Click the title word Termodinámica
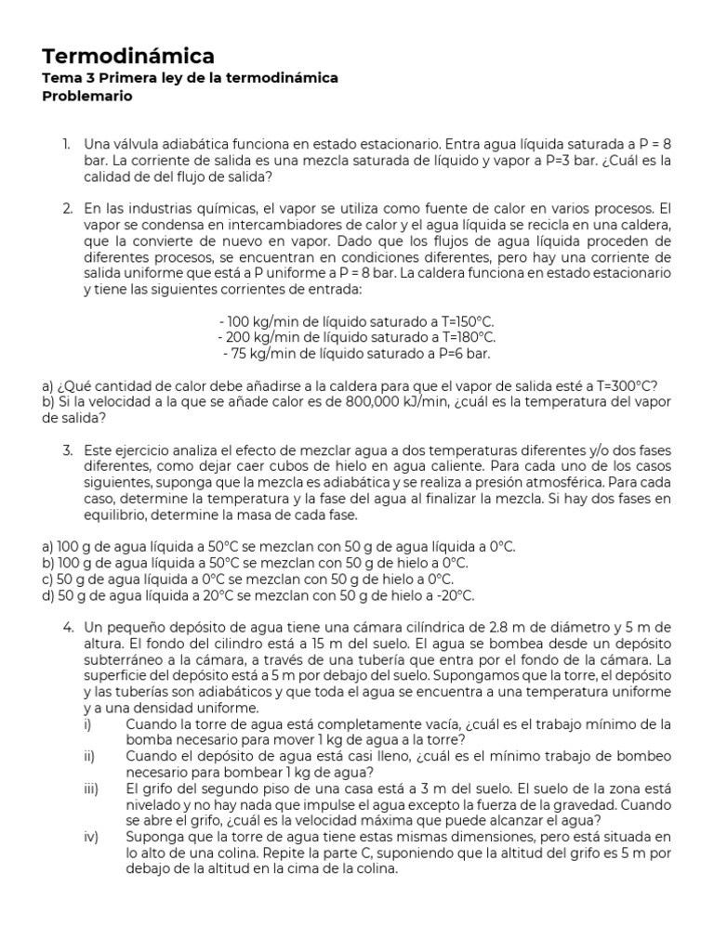(128, 57)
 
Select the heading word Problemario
(87, 96)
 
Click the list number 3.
(68, 450)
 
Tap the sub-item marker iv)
(90, 837)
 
